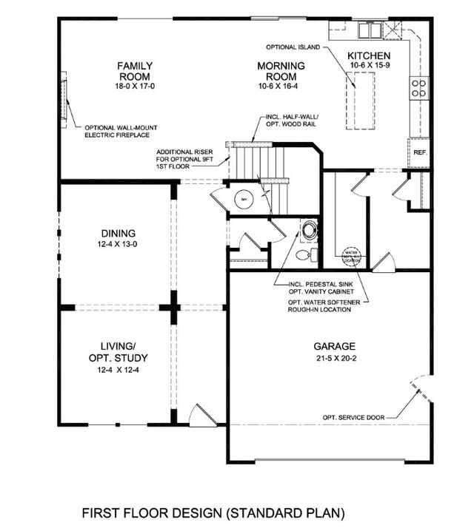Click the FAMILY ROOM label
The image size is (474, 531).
(x=134, y=71)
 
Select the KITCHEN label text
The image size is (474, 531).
(x=368, y=55)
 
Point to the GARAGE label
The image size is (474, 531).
(x=334, y=345)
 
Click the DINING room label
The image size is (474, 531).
(x=116, y=234)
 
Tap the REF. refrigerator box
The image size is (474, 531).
(x=420, y=154)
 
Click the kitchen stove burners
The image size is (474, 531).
(x=418, y=88)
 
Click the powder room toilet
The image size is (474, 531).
(x=304, y=255)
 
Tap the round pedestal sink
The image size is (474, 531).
(x=308, y=229)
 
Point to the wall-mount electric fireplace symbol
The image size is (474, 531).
(x=67, y=101)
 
